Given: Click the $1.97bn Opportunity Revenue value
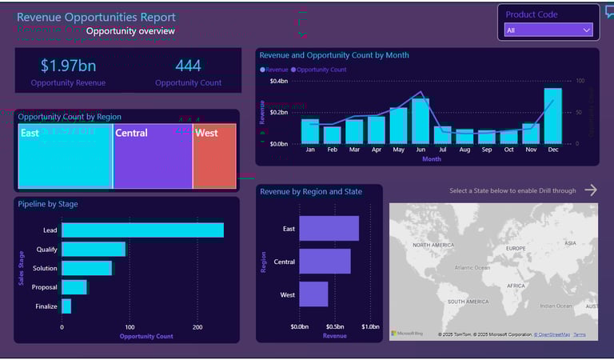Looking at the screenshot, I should click(68, 66).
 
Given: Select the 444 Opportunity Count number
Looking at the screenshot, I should click(188, 66).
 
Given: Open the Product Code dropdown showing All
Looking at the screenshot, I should click(548, 30).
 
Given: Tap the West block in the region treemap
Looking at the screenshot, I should click(214, 156).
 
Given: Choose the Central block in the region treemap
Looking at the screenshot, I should click(152, 156).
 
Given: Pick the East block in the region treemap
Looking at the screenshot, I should click(65, 156).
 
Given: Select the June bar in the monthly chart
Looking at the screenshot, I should click(421, 121).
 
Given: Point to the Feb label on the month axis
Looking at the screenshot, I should click(332, 150).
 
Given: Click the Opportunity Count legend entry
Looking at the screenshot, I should click(321, 70).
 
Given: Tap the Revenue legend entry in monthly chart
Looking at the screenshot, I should click(276, 70).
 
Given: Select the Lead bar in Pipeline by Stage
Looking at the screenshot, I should click(142, 230).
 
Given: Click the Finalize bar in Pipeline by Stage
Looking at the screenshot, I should click(66, 306).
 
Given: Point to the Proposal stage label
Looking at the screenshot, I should click(44, 287).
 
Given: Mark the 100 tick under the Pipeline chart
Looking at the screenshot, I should click(130, 326).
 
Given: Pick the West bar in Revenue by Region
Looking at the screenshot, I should click(313, 294).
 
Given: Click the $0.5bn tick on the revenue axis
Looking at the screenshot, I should click(334, 326).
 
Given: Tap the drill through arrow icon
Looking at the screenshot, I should click(590, 190).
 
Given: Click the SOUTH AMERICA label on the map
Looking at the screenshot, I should click(468, 302).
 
